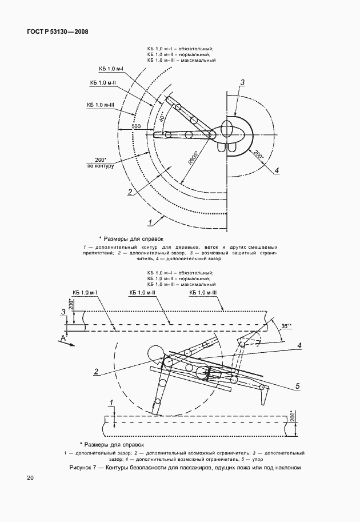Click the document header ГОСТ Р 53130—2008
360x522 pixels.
[x=57, y=32]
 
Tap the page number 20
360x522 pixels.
[x=30, y=478]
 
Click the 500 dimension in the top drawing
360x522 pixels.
[x=136, y=126]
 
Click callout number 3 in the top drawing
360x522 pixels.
[x=242, y=82]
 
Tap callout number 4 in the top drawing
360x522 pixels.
[x=277, y=170]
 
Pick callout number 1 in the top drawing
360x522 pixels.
[x=150, y=222]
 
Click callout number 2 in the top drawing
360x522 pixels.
[x=130, y=192]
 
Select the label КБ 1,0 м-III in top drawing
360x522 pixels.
[x=100, y=105]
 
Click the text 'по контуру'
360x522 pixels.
[x=101, y=166]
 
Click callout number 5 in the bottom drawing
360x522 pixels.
[x=298, y=386]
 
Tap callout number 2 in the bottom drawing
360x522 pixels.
[x=96, y=372]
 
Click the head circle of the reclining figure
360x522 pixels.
[x=155, y=353]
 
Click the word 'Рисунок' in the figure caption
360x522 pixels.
[x=81, y=468]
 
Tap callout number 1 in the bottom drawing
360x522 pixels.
[x=111, y=403]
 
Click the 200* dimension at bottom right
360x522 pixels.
[x=293, y=415]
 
